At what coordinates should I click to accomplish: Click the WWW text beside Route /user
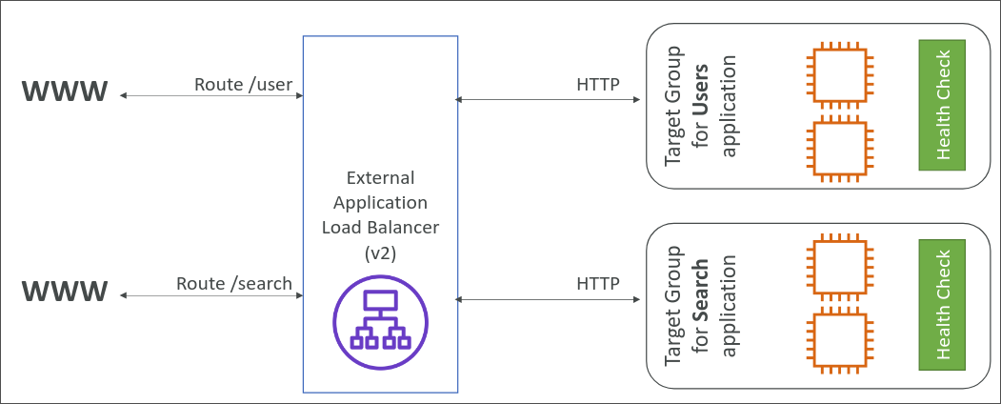(66, 92)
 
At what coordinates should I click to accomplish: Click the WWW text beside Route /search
(66, 291)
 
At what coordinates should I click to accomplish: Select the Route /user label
(243, 84)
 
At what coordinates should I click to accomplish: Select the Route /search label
(234, 283)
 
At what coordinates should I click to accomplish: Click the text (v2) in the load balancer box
(380, 253)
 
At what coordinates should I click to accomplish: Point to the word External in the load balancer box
(380, 178)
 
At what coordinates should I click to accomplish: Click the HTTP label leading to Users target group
(598, 84)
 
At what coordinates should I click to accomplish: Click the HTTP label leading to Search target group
(598, 283)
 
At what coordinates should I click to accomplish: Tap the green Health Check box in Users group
(942, 105)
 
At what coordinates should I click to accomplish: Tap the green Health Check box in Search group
(942, 305)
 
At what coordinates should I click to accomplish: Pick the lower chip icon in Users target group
(838, 149)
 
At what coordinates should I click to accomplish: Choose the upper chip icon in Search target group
(838, 264)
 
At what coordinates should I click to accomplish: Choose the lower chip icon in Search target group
(838, 340)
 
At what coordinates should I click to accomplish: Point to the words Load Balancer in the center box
(380, 229)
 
